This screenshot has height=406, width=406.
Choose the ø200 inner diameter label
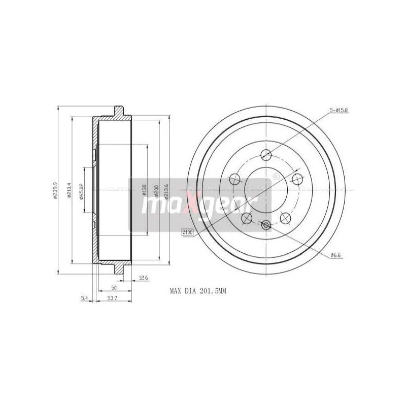[x=156, y=190]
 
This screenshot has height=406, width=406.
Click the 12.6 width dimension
[x=143, y=278]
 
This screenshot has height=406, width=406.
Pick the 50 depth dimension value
[x=114, y=288]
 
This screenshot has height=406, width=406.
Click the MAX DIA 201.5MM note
[x=197, y=292]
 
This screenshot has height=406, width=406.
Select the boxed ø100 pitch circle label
[x=188, y=232]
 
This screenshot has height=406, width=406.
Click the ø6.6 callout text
[x=335, y=255]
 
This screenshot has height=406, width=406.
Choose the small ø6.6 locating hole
[x=265, y=224]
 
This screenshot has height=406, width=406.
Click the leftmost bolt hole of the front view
[x=234, y=178]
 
